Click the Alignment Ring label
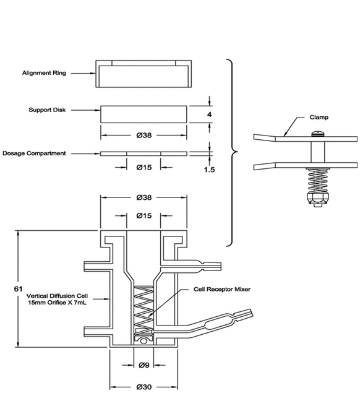pos(44,73)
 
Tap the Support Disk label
pos(47,110)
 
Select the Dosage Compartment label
pos(34,153)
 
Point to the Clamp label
pos(319,118)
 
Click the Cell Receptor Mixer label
pos(222,289)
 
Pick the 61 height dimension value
pos(18,289)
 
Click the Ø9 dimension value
pos(144,365)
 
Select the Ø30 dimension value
pos(144,387)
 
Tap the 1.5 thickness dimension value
pos(209,170)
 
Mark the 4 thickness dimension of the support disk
pos(209,114)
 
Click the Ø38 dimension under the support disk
pos(144,136)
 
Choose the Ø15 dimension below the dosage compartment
pos(144,167)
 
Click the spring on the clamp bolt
pos(318,181)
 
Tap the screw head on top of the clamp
pos(318,134)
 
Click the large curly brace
pos(232,153)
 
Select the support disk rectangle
pos(144,114)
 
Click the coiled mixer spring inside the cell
pos(144,310)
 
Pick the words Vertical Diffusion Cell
pos(57,296)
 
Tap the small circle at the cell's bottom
pos(144,341)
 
